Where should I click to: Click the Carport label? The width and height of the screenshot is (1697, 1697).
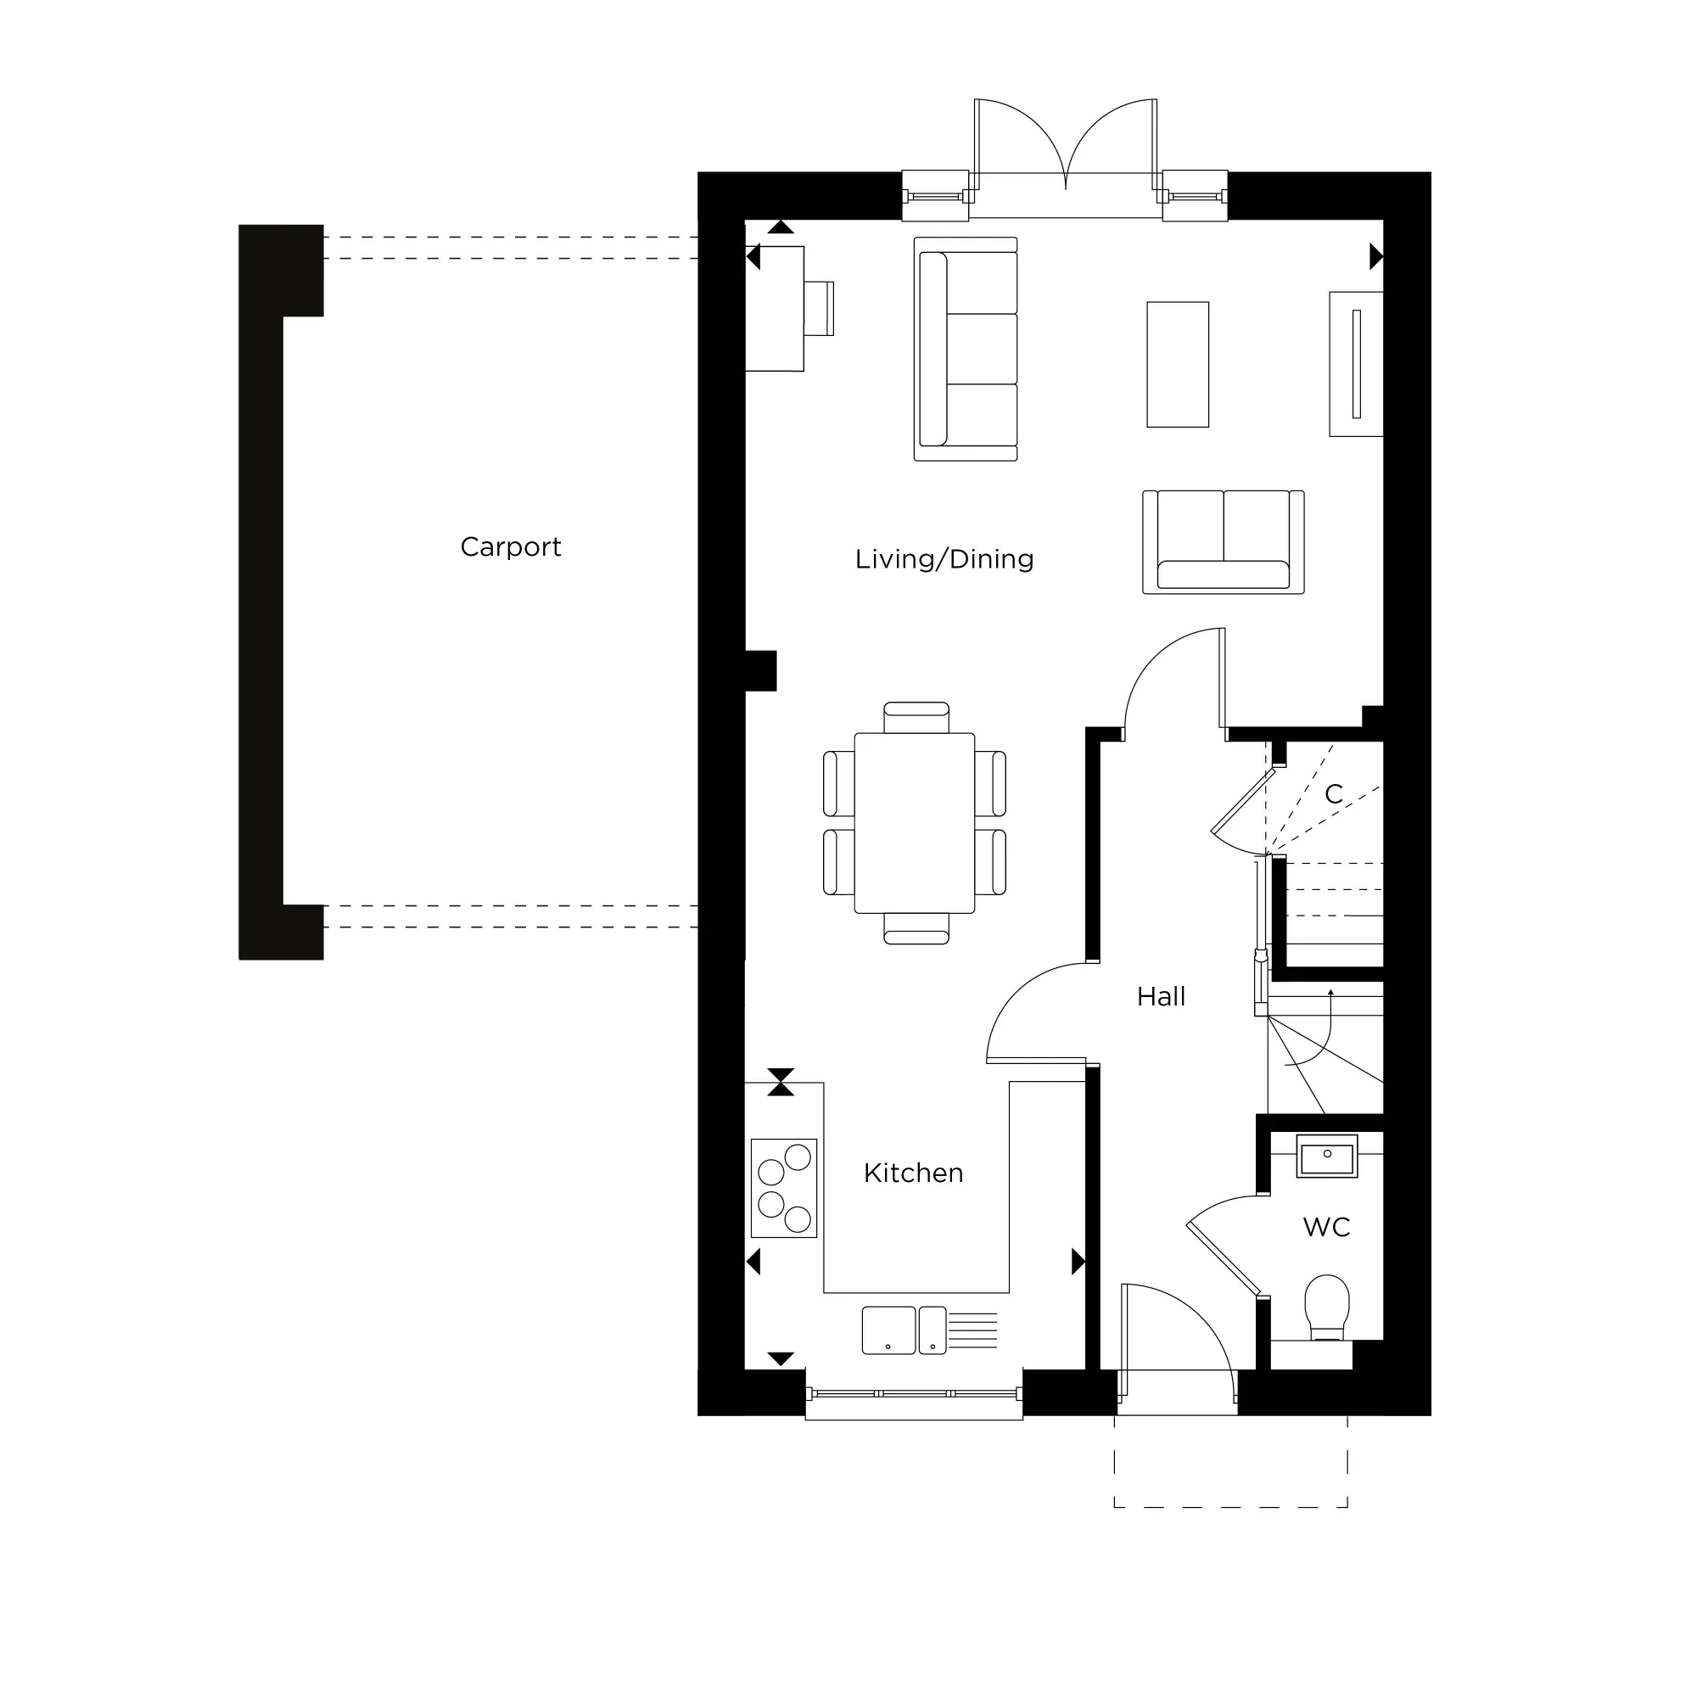(510, 547)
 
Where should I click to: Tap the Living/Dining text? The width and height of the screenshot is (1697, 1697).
(944, 559)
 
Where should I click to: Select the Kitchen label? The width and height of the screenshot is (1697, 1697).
(914, 1173)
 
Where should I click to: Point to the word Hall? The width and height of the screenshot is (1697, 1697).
(1160, 997)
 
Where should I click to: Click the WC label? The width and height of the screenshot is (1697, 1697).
(1326, 1227)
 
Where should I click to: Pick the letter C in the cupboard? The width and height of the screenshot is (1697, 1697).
(1333, 794)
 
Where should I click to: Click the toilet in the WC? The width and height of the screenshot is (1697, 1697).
(1326, 1306)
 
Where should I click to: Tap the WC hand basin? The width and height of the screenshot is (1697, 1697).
(1326, 1157)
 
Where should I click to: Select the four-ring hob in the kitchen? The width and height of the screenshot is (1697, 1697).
(784, 1189)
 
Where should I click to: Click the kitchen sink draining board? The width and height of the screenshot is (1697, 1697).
(972, 1330)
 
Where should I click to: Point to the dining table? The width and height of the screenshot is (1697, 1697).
(915, 823)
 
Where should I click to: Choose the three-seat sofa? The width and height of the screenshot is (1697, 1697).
(966, 349)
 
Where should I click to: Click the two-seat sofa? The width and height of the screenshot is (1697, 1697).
(1223, 542)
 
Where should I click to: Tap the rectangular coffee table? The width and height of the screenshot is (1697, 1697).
(1178, 365)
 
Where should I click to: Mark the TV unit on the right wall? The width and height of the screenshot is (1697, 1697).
(1356, 364)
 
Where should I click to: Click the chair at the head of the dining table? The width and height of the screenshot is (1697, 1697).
(916, 717)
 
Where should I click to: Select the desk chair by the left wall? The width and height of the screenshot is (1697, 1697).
(819, 308)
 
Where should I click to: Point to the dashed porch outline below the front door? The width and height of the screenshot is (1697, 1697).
(1230, 1507)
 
